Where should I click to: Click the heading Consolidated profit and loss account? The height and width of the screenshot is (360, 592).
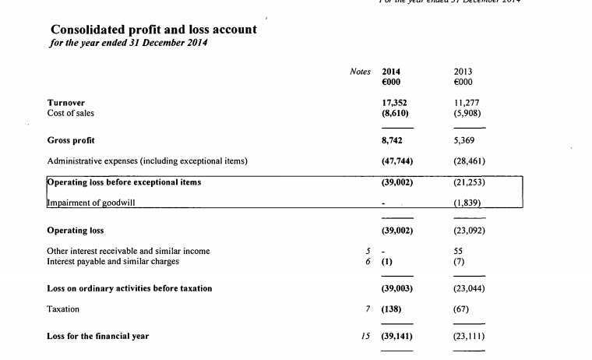pyautogui.click(x=153, y=29)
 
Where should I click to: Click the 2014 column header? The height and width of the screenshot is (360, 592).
pyautogui.click(x=391, y=71)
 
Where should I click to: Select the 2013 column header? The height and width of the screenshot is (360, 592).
pyautogui.click(x=463, y=71)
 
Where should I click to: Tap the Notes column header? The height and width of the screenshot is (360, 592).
pyautogui.click(x=361, y=71)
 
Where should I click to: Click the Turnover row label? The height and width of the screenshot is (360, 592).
pyautogui.click(x=66, y=102)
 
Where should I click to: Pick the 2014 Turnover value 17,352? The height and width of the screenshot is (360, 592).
pyautogui.click(x=395, y=102)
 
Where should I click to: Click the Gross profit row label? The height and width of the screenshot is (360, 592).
pyautogui.click(x=71, y=141)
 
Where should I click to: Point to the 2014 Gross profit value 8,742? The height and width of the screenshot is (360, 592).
pyautogui.click(x=393, y=141)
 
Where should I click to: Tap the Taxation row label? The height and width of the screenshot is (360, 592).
pyautogui.click(x=63, y=309)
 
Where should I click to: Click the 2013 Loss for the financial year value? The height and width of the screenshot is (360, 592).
pyautogui.click(x=469, y=337)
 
